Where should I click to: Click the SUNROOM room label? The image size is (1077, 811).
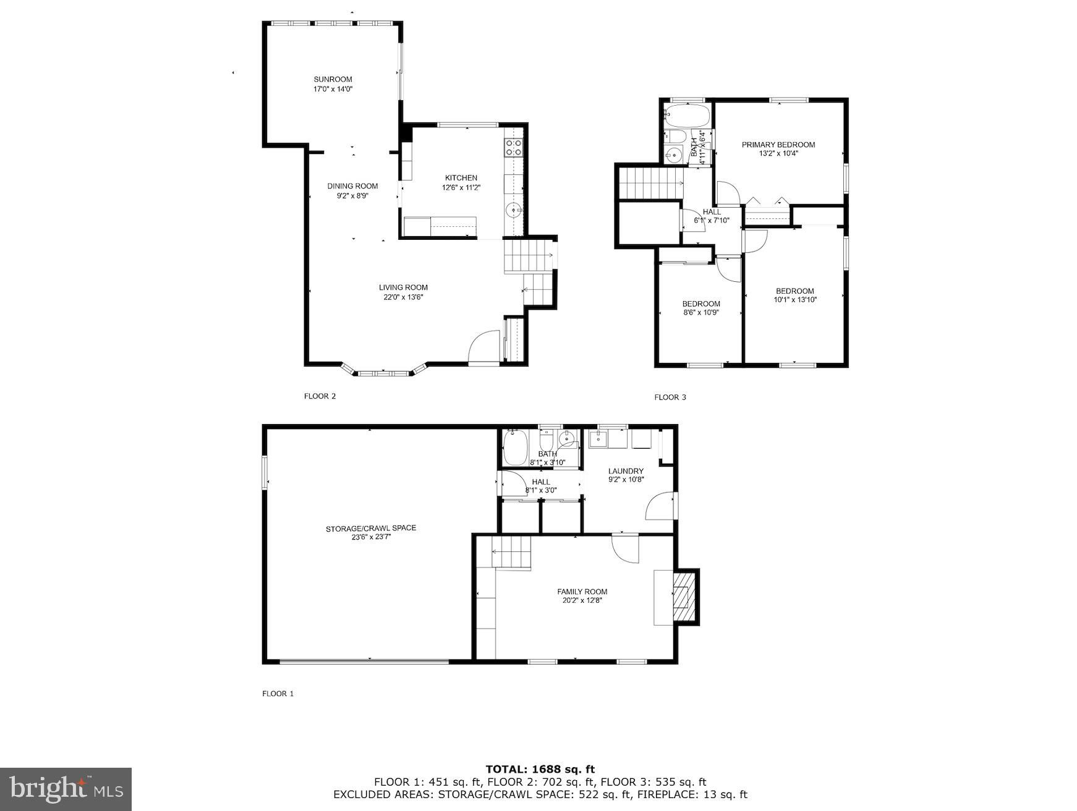click(333, 79)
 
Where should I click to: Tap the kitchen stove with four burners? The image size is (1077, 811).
click(514, 147)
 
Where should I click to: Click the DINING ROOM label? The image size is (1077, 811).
click(352, 186)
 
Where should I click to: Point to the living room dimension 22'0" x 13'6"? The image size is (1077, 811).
click(403, 297)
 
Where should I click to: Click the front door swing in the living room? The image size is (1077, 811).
click(485, 347)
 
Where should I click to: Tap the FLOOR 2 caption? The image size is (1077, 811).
click(320, 396)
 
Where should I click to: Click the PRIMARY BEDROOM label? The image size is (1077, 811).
click(778, 145)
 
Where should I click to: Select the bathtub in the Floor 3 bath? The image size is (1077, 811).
click(686, 114)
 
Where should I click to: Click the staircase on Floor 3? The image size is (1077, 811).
click(650, 184)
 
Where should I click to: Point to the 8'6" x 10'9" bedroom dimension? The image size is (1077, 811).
click(701, 313)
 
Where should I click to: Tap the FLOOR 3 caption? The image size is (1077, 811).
click(670, 397)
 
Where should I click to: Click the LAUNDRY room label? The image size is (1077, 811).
click(626, 471)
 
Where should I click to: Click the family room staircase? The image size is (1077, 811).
click(511, 552)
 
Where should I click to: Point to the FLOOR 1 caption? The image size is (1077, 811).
click(278, 694)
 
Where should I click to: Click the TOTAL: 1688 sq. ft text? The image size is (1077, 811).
click(540, 769)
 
